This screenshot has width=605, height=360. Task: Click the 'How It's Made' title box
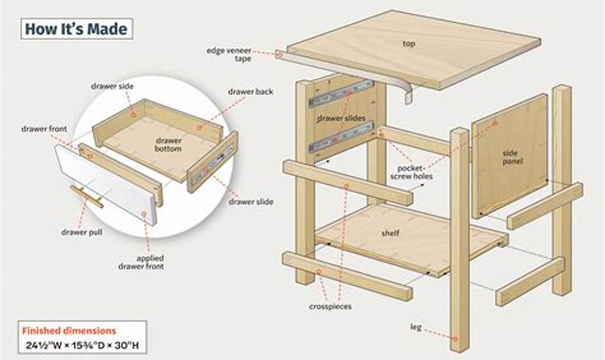coord(76,29)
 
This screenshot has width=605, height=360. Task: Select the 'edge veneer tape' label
coord(229,54)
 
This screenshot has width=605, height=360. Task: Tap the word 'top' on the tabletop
coord(409,44)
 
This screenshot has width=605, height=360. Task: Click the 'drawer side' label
coord(112,86)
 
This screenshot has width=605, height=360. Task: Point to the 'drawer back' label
coord(250,92)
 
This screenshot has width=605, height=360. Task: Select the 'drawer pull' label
coord(81,232)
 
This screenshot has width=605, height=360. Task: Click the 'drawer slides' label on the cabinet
coord(341,118)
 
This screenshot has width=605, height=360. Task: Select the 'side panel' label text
coord(510,157)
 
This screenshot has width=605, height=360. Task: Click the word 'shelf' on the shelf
coord(391,233)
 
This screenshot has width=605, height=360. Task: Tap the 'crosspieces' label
coord(330,306)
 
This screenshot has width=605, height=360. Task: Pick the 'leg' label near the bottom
coord(416,327)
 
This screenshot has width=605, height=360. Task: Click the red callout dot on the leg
coord(455,339)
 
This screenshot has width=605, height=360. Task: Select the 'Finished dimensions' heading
coord(69,331)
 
